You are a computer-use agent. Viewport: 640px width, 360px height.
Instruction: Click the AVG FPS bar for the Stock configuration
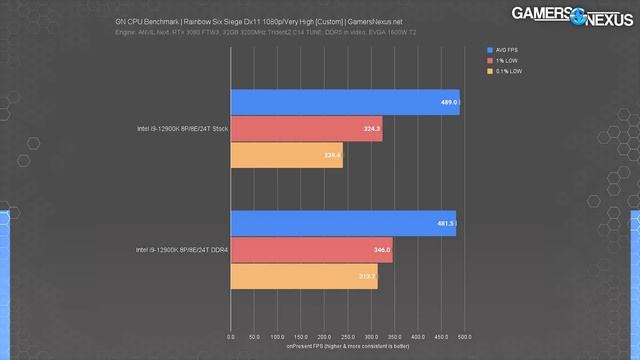(x=345, y=102)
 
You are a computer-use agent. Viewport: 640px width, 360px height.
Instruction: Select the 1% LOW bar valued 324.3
(x=306, y=129)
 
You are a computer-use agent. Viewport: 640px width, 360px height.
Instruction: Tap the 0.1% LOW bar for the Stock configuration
(x=287, y=155)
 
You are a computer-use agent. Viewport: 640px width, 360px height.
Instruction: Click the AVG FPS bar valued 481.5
(x=343, y=224)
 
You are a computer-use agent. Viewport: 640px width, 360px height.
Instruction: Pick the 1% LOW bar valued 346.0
(x=311, y=250)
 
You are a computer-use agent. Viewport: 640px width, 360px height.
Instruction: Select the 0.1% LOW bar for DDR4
(x=304, y=276)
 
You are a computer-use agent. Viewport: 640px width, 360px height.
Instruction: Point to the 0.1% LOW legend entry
(x=503, y=72)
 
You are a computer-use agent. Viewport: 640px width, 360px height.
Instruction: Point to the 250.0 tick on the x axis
(x=348, y=337)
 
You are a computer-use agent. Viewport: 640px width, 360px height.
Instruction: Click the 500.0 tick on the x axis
(x=465, y=337)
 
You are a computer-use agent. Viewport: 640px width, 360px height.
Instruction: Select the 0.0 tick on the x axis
(x=231, y=337)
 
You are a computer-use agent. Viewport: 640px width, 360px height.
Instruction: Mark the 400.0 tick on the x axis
(x=418, y=337)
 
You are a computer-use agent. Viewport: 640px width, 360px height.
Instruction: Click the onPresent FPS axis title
(x=348, y=346)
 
